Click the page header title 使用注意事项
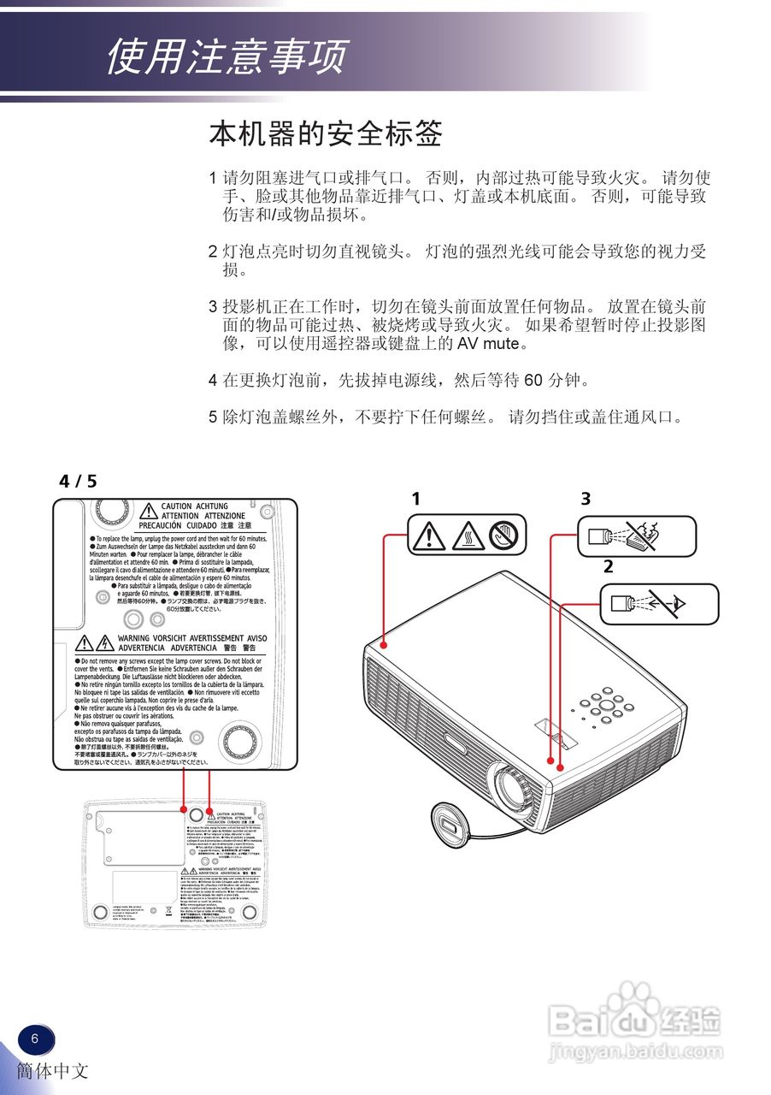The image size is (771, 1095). pos(227,56)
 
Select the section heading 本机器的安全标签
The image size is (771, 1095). pos(326,134)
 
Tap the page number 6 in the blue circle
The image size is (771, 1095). pos(35,1039)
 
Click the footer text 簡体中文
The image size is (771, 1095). pos(52,1070)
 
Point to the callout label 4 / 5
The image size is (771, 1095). pos(78,481)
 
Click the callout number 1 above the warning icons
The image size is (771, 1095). pos(416,498)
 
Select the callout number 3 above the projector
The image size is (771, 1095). pos(586,498)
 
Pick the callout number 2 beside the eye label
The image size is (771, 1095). pos(609,565)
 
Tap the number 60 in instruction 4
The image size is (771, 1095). pos(533,380)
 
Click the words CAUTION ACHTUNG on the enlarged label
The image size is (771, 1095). pos(195,506)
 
